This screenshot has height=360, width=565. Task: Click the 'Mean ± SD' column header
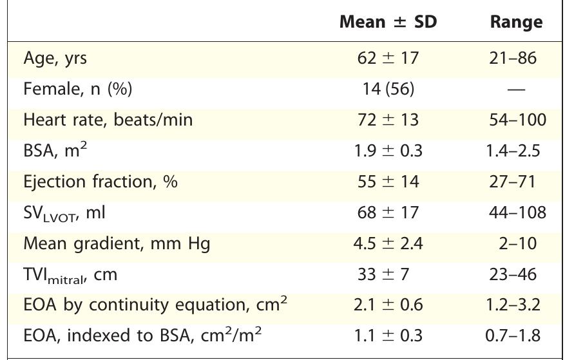coord(388,22)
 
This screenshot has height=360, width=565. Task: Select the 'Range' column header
coord(516,22)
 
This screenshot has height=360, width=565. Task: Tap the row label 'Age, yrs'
coord(55,59)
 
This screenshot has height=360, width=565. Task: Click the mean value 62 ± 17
coord(388,58)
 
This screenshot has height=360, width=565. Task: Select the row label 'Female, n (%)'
coord(77,89)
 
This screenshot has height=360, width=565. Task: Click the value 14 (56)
coord(388,89)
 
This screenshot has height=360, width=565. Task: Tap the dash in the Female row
coord(516,90)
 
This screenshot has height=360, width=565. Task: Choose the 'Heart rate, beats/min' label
coord(108,120)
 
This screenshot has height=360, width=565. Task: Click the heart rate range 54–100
coord(517,120)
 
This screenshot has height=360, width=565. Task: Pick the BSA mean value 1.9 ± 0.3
coord(388,151)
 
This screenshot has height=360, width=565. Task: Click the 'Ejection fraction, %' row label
coord(100,182)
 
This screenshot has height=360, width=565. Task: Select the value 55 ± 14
coord(388,182)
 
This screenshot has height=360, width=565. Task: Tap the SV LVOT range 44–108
coord(517,213)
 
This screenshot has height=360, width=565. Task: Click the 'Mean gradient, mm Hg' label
coord(117,244)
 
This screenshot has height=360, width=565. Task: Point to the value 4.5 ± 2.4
coord(388,243)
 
